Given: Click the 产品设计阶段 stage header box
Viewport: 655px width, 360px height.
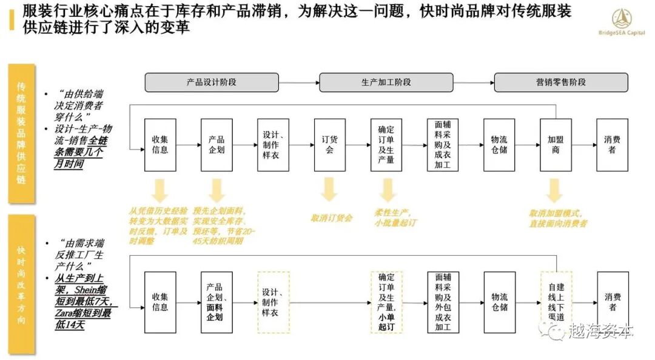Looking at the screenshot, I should (211, 82).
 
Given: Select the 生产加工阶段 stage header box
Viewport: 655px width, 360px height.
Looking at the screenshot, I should (386, 82).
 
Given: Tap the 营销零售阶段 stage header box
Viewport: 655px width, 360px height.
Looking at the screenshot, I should (560, 82).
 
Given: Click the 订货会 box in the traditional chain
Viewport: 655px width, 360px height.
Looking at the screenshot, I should (329, 145).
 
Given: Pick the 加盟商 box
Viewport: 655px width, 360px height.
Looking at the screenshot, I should (556, 145).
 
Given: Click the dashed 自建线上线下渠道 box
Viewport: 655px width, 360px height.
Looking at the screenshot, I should (556, 302).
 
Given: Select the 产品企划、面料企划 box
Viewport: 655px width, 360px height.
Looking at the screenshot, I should (217, 302).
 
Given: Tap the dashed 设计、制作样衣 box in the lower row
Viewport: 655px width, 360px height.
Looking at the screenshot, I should (274, 302).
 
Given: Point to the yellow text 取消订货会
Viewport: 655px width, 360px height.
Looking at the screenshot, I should (331, 218).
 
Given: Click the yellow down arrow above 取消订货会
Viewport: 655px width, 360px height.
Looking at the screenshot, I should (329, 190).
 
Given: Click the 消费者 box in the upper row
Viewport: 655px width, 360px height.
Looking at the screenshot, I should (612, 145).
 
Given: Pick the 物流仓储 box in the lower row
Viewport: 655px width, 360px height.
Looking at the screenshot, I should (499, 302).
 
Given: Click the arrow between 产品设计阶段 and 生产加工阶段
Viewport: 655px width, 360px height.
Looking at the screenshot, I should (299, 82).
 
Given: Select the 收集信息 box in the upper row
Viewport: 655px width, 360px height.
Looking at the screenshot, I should (160, 145).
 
